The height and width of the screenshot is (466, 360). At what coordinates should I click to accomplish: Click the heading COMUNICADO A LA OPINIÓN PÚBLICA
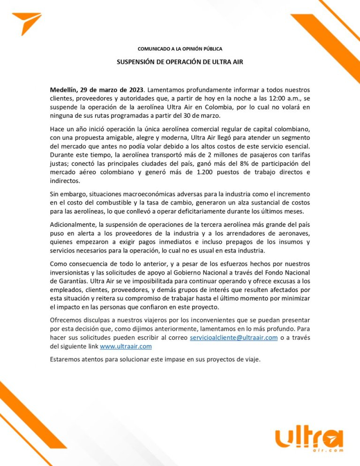(180, 49)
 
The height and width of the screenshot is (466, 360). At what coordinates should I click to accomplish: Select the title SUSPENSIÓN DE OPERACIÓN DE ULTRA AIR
(180, 62)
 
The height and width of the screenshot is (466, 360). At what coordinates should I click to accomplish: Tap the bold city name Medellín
(63, 89)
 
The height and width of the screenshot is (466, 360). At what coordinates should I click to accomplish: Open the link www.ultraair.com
(126, 347)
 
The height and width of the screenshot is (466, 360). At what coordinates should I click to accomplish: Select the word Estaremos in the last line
(67, 360)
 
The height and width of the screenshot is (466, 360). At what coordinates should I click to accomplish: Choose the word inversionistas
(74, 272)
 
